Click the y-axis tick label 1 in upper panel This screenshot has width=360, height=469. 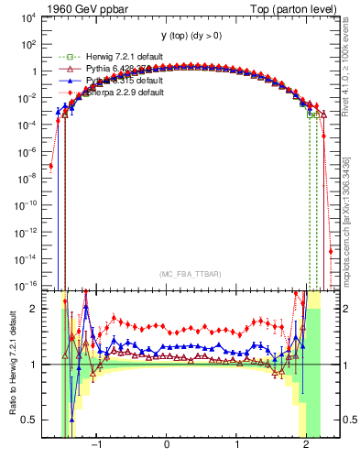click(32, 71)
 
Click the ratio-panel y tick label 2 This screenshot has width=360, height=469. click(32, 310)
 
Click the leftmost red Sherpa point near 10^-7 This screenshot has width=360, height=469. click(51, 166)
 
